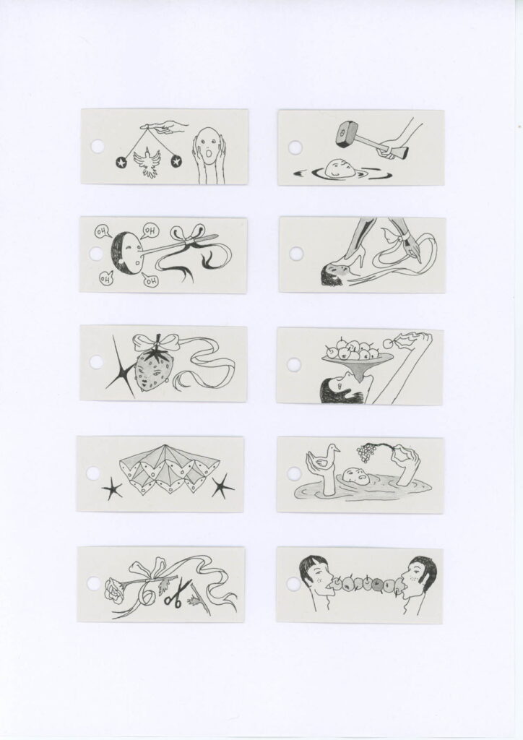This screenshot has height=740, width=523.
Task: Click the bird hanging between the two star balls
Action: pyautogui.click(x=148, y=163)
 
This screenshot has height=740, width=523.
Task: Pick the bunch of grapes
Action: pyautogui.click(x=366, y=452)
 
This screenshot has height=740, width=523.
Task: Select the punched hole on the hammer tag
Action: pyautogui.click(x=295, y=147)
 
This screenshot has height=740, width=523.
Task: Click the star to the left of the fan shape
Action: pyautogui.click(x=112, y=489)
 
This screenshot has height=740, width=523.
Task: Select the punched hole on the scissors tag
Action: pyautogui.click(x=93, y=584)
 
